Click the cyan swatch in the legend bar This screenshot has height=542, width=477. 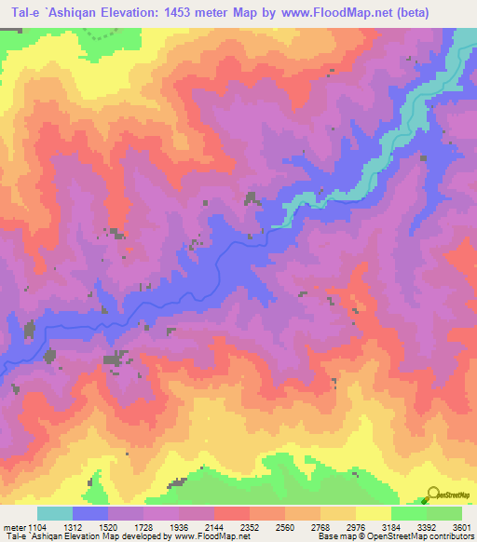coord(55,513)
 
